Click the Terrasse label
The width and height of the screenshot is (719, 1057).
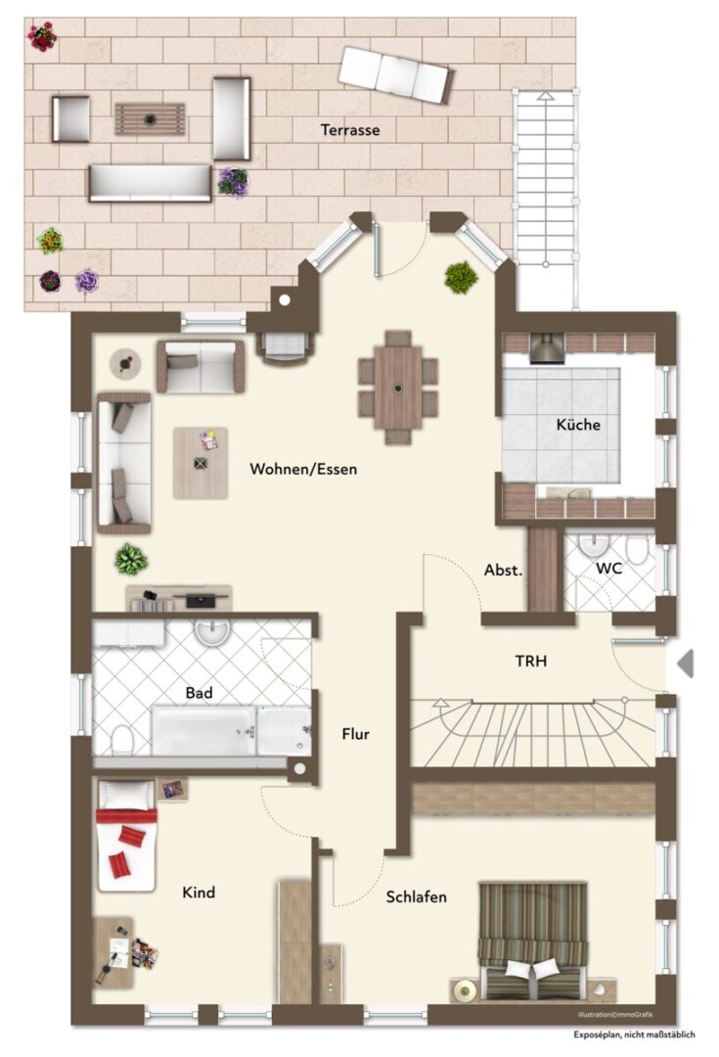(350, 129)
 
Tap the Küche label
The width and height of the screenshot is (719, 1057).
(578, 424)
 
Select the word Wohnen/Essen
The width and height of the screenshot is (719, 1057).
(303, 469)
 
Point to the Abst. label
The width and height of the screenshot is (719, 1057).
(503, 570)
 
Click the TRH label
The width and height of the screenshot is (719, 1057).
(531, 661)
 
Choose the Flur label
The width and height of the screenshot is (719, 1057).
(355, 733)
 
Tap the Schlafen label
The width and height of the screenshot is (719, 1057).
(416, 896)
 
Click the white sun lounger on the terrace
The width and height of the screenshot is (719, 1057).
(394, 74)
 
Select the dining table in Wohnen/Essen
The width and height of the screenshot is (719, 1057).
(397, 388)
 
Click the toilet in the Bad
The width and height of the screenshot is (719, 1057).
(122, 740)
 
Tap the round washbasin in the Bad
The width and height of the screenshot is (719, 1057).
(212, 631)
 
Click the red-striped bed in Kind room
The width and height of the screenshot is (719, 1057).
(126, 835)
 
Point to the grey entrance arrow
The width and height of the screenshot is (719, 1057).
(685, 664)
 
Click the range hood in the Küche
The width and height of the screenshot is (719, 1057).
(547, 348)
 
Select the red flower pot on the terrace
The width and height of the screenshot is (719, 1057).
(42, 36)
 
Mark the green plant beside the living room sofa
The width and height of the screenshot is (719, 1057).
(131, 559)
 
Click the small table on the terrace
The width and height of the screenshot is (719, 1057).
(150, 119)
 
